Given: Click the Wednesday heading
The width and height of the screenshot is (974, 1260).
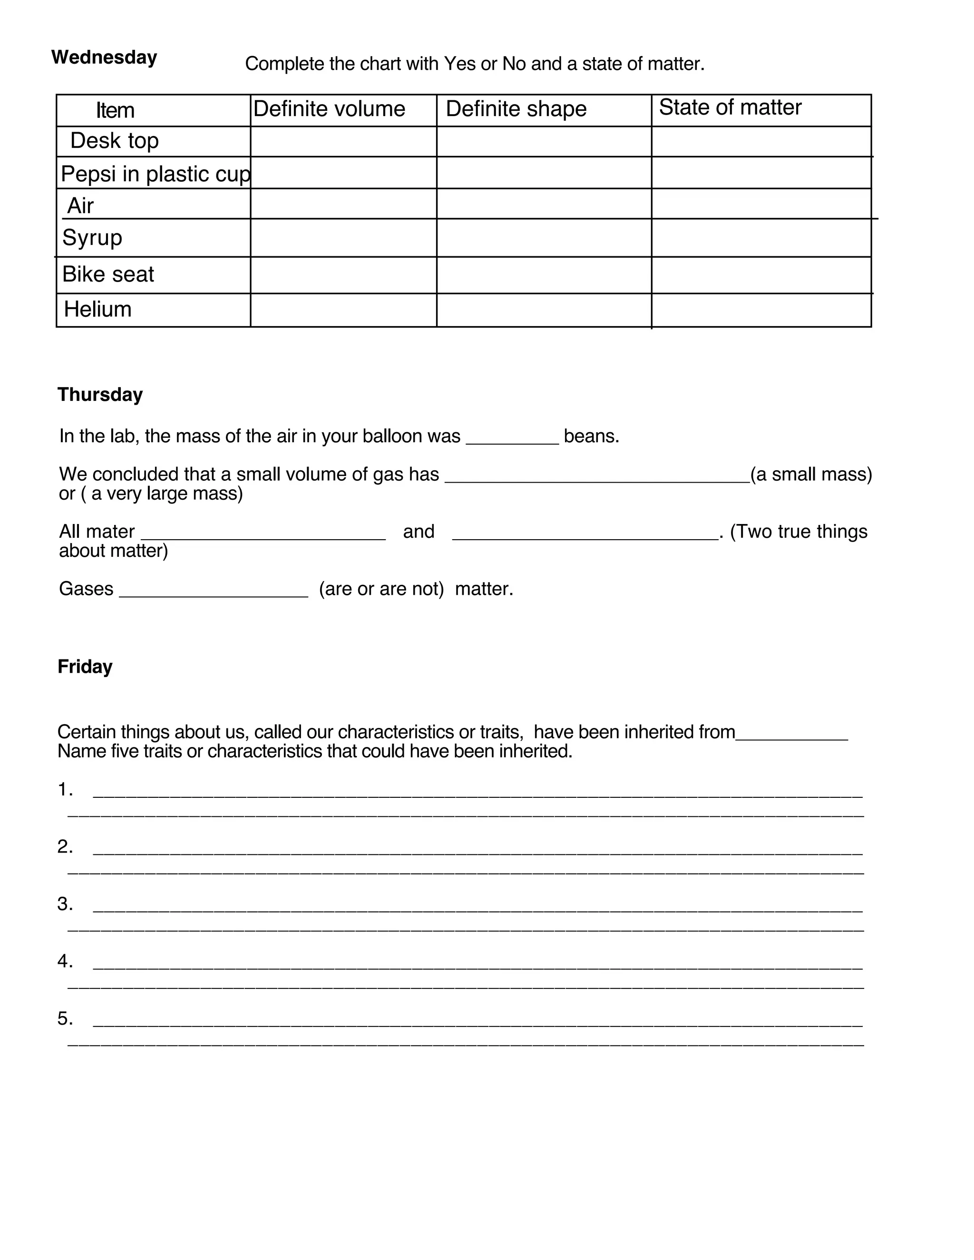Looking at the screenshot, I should pos(105,58).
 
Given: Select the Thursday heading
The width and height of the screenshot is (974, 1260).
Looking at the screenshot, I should pos(100,395).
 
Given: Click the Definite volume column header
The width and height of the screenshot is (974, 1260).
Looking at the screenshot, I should pos(329,109).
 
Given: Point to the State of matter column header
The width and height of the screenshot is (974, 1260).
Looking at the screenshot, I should pos(730,107).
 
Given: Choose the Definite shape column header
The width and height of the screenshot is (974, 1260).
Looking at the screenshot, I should pos(516,109).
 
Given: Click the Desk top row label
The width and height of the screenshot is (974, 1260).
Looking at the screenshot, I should pos(114,141).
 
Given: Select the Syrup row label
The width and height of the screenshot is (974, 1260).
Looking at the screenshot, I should pos(92,238).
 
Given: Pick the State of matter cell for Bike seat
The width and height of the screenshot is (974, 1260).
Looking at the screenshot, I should pos(760,275).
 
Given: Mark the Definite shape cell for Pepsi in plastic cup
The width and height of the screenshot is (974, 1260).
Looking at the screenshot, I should pos(544,173).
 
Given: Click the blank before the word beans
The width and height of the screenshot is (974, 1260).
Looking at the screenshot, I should pos(512,437).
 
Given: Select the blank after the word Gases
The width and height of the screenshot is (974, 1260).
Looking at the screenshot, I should pos(214,590).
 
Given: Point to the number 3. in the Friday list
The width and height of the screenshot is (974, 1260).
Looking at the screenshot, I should pos(65,904).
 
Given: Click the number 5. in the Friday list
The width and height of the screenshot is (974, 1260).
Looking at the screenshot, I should pos(65,1019).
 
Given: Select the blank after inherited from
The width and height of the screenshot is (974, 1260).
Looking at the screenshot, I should pos(792,733).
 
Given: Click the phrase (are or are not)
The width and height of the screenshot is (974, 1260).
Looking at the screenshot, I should pos(381,589).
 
